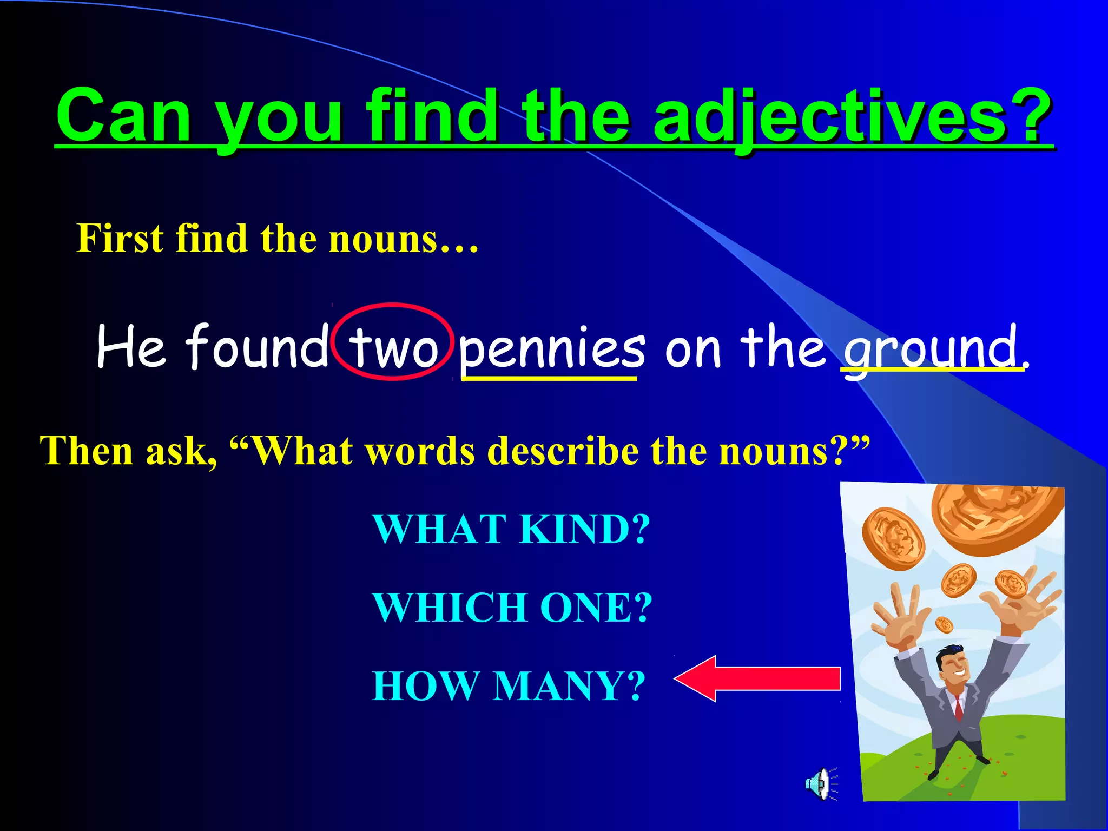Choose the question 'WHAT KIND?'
[511, 529]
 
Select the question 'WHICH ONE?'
[512, 607]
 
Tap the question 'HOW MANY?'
[509, 685]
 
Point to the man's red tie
[958, 707]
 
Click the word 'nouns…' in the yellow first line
[404, 239]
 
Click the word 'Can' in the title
[124, 116]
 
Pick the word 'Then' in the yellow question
[87, 451]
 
